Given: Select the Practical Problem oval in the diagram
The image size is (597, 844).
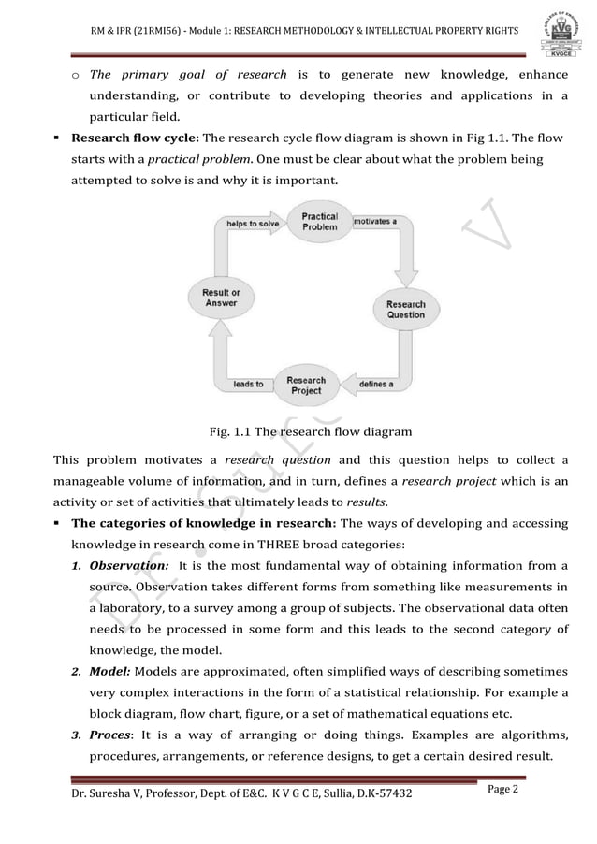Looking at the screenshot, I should tap(319, 222).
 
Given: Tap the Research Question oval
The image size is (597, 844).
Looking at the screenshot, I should tap(405, 310).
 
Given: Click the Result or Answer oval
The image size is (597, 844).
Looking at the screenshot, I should tap(221, 298).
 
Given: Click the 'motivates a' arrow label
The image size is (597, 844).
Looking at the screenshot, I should tap(374, 222).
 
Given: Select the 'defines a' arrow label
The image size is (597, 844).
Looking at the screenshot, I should tap(376, 384).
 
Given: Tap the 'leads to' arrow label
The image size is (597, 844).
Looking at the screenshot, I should tap(248, 384).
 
